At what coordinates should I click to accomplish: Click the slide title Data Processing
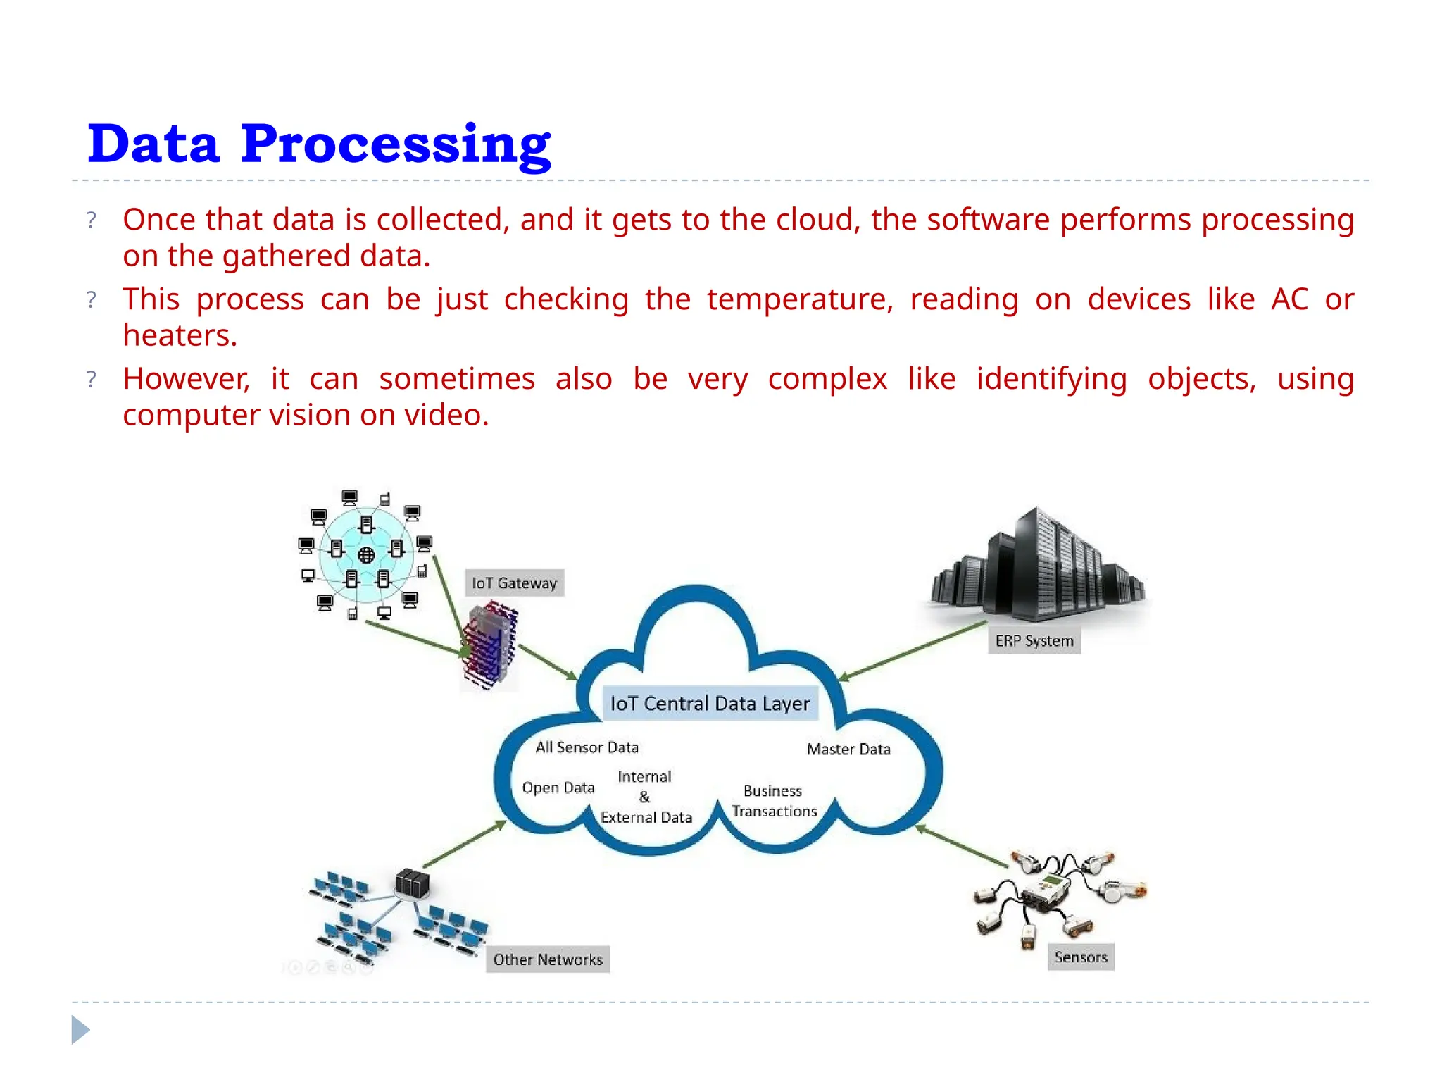(x=318, y=144)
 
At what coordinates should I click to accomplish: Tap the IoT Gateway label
(x=514, y=583)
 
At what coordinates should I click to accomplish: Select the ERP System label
(x=1034, y=641)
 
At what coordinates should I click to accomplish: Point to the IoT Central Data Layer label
(x=710, y=704)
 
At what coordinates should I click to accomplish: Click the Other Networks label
(x=548, y=959)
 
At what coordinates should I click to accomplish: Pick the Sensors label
(x=1081, y=957)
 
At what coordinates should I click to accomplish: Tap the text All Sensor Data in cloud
(x=587, y=747)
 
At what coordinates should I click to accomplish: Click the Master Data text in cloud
(x=848, y=750)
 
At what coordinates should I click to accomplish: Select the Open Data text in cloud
(x=558, y=788)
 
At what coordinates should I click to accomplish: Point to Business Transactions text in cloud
(x=774, y=801)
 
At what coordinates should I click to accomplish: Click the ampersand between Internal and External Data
(x=644, y=797)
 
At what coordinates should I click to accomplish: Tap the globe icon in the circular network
(x=366, y=555)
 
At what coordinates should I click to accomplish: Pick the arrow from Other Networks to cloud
(x=464, y=844)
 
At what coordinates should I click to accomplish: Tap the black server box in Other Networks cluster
(x=412, y=883)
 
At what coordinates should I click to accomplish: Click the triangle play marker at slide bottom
(x=80, y=1030)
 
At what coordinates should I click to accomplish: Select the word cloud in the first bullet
(x=817, y=220)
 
